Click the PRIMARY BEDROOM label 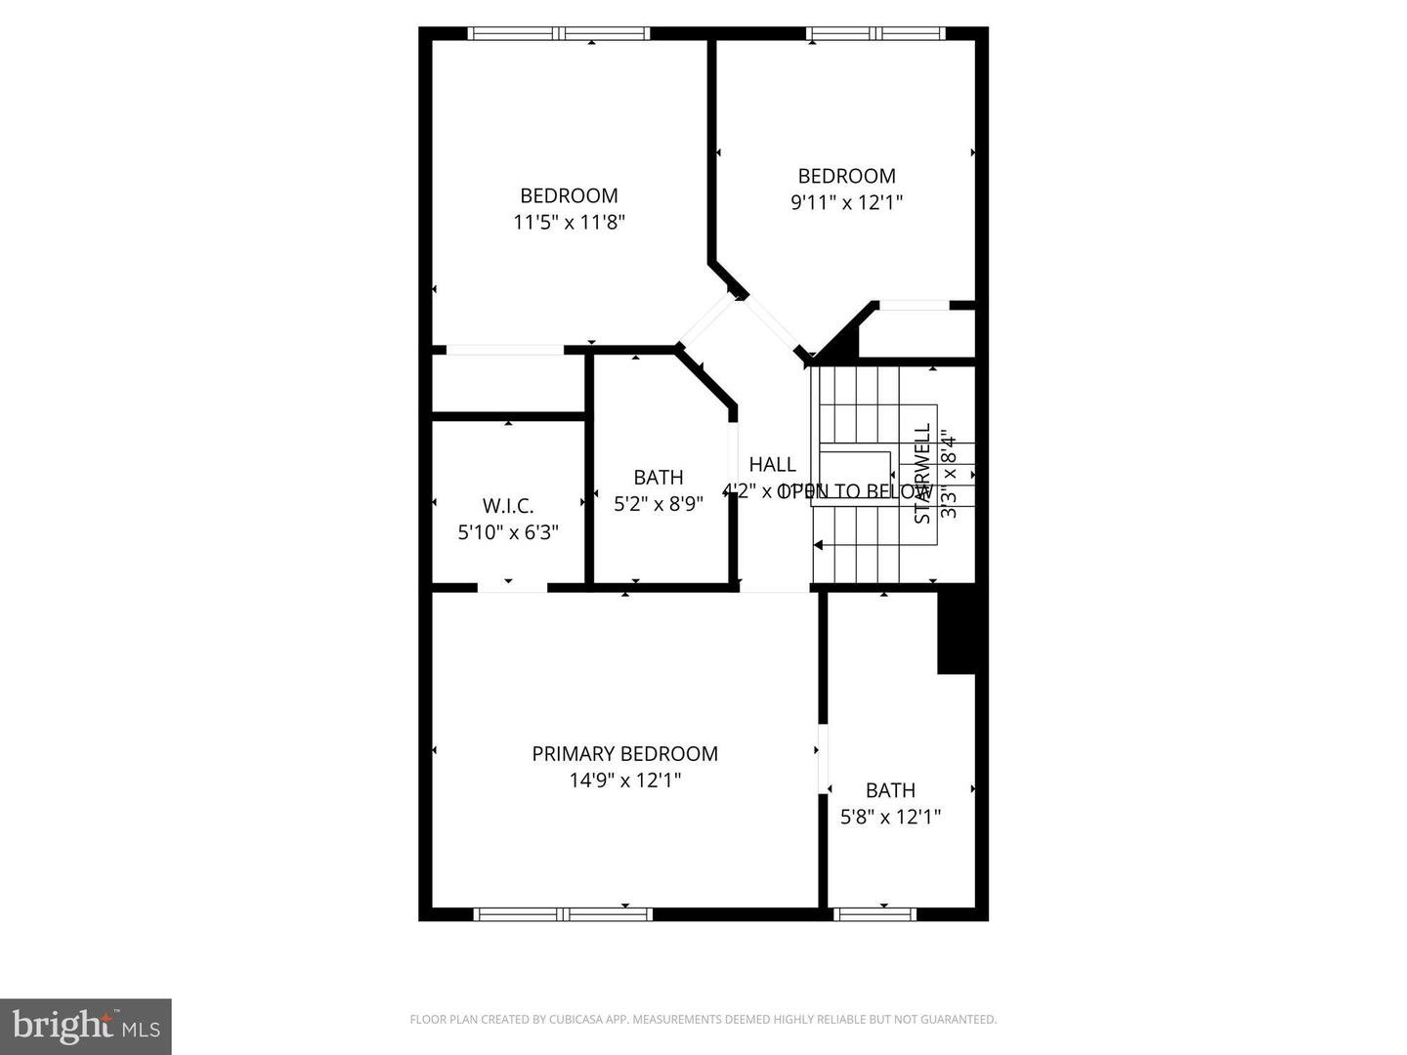[x=624, y=754]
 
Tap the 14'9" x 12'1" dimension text [x=624, y=781]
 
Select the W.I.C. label [x=508, y=506]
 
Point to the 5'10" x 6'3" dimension [x=508, y=532]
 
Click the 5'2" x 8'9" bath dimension [x=659, y=504]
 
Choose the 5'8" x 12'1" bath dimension [x=890, y=817]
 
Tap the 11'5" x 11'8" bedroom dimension [x=569, y=223]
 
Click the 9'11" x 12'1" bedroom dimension [x=846, y=203]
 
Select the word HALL [x=772, y=465]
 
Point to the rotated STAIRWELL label [x=922, y=474]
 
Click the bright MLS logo [x=86, y=1027]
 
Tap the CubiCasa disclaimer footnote [x=703, y=1020]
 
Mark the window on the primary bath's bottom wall [x=875, y=914]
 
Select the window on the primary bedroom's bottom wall [x=563, y=914]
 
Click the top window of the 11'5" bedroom [x=559, y=33]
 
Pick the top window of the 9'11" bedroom [x=875, y=33]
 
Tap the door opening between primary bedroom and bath [x=823, y=759]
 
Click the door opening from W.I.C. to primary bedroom [x=512, y=588]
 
